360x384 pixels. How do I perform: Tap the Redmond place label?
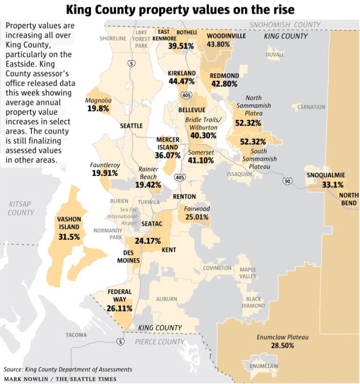tap(224, 75)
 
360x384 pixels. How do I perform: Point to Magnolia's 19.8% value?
tap(98, 108)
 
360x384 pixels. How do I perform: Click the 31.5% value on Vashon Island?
tap(69, 237)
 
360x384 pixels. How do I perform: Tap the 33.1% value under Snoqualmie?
tap(332, 185)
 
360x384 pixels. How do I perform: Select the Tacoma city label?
tap(76, 335)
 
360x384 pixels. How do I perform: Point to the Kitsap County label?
tap(21, 208)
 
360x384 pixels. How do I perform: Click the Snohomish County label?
tap(285, 25)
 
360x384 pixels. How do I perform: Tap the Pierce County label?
tap(159, 342)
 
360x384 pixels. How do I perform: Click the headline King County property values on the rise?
tap(180, 9)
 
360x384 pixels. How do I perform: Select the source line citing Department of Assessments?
tap(68, 369)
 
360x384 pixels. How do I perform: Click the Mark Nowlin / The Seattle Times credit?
tap(60, 378)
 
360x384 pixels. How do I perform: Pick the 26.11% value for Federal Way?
tap(119, 309)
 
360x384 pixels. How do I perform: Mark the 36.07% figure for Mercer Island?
tap(167, 155)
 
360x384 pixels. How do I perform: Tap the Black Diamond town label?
tap(254, 302)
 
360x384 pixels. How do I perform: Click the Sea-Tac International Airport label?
tap(122, 216)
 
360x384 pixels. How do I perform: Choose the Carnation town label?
tap(311, 107)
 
